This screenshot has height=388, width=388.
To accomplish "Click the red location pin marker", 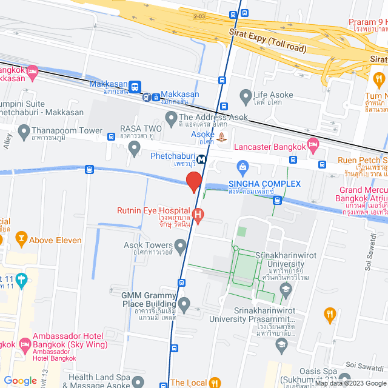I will click(x=193, y=181).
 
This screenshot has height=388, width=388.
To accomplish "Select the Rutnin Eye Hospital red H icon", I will click(x=199, y=214).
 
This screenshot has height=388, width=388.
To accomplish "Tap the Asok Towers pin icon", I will click(x=180, y=246).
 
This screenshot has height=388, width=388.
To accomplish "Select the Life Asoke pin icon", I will click(x=245, y=95).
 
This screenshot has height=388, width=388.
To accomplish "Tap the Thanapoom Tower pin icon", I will click(x=24, y=130).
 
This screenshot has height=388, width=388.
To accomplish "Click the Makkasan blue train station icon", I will click(x=135, y=87).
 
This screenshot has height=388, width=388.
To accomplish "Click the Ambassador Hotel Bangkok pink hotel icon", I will click(x=25, y=346).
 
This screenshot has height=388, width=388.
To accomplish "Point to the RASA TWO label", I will click(x=135, y=129).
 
